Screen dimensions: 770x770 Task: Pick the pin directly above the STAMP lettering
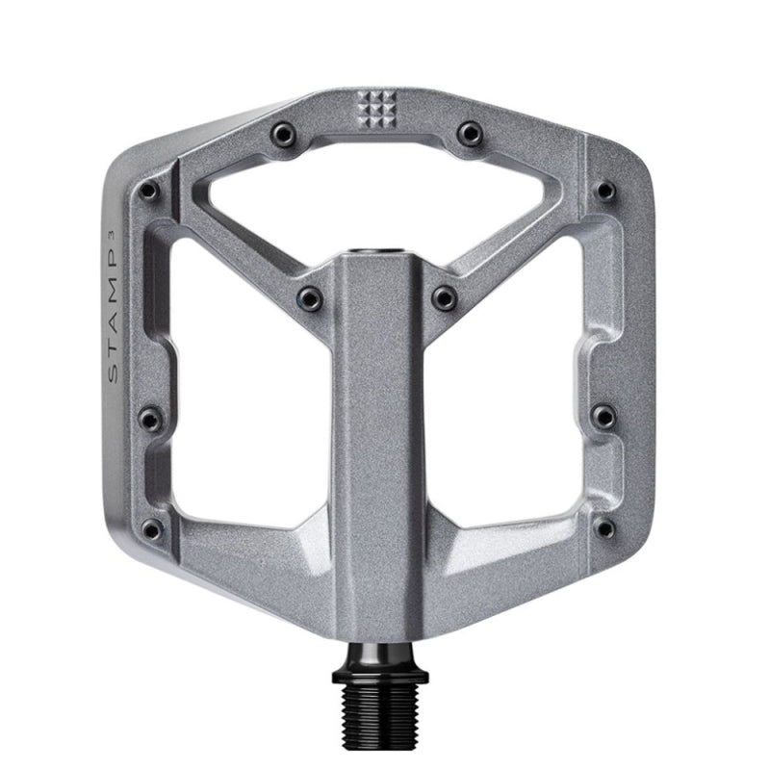point(149,191)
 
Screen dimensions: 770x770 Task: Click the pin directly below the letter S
point(150,417)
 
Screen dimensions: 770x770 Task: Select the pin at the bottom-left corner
point(151,527)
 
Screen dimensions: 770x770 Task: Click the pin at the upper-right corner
point(604,190)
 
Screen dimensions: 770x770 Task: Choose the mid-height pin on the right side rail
point(603,417)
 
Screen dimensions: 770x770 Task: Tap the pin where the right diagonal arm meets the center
point(444,296)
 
